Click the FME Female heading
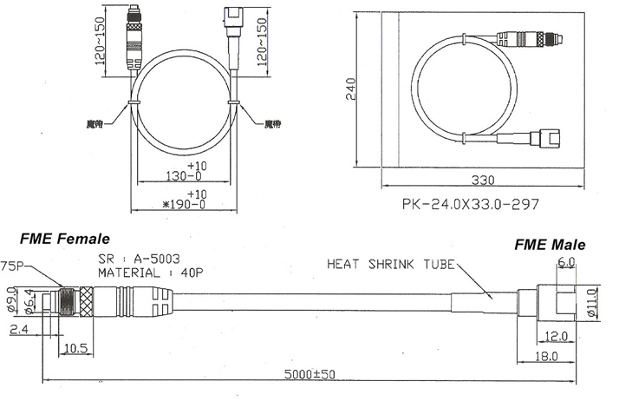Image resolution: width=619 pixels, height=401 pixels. pyautogui.click(x=65, y=239)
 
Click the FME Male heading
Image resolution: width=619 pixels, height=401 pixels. pyautogui.click(x=550, y=246)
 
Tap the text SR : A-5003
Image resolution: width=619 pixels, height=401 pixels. pyautogui.click(x=139, y=258)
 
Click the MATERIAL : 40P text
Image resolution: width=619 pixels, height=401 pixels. pyautogui.click(x=150, y=272)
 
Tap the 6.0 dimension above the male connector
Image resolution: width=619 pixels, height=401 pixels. pyautogui.click(x=567, y=261)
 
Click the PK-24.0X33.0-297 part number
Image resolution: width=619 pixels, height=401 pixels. pyautogui.click(x=471, y=206)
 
